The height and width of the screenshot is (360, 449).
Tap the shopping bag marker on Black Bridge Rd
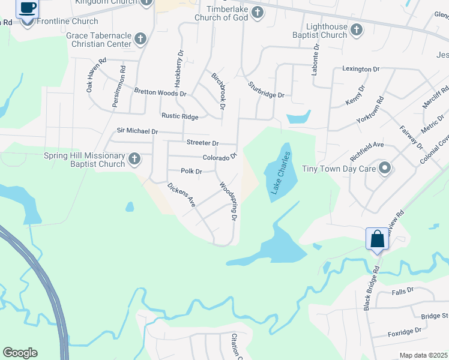pos(378,239)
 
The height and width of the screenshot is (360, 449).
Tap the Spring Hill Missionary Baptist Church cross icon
pos(134,160)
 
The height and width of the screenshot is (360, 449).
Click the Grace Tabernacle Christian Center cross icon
pos(140,40)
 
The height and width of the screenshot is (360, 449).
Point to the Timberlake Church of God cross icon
pos(258,12)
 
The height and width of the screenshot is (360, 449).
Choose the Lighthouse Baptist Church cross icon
pos(357,29)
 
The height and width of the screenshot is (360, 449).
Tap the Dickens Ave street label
pos(182,195)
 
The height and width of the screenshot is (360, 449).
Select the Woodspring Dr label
pos(227,201)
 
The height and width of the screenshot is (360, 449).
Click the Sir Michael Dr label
pos(137,131)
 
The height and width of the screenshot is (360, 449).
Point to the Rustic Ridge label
pos(179,116)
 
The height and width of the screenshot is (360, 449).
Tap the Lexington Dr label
pos(361,69)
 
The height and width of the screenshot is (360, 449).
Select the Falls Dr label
pos(403,290)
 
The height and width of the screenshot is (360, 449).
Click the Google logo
pos(20,353)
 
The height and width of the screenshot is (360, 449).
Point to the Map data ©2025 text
pos(423,355)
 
